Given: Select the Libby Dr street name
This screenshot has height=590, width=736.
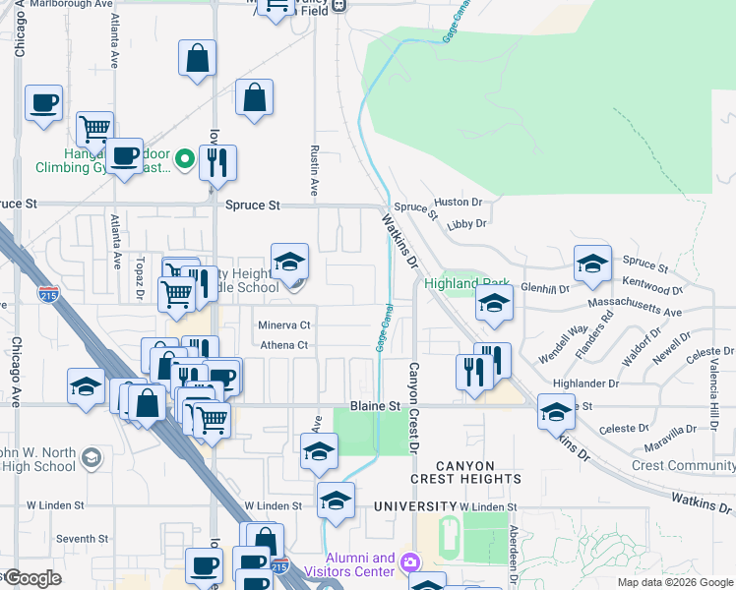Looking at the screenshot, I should (x=466, y=223).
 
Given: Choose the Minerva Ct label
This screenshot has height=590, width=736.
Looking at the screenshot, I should (x=284, y=324).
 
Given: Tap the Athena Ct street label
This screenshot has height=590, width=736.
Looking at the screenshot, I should (x=284, y=345).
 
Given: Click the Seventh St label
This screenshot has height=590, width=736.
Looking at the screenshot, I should (x=82, y=539).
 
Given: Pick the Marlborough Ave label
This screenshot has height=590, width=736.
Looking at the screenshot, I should (x=59, y=5).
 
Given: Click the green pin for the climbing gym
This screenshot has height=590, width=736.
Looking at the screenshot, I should (x=184, y=158).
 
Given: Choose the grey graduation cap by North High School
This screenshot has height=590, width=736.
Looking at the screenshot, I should (x=91, y=458).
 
